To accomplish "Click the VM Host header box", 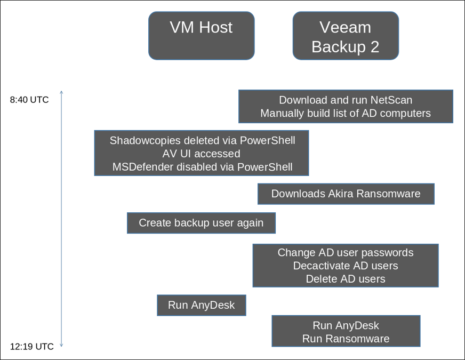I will (x=201, y=35).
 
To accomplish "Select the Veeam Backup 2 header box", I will (x=346, y=36).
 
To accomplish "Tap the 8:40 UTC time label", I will (x=29, y=100).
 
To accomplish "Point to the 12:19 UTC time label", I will (x=32, y=347).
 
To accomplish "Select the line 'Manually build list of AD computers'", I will (x=346, y=113).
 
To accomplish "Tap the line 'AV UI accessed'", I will (x=201, y=154).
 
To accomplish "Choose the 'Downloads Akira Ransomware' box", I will (x=346, y=194).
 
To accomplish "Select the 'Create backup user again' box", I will (x=201, y=222).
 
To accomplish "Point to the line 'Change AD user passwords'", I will (x=346, y=252).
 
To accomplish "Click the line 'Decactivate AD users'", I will (x=346, y=266).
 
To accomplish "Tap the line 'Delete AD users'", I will (x=346, y=278).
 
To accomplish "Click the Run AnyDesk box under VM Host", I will (x=201, y=305).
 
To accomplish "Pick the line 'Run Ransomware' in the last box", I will (x=346, y=339).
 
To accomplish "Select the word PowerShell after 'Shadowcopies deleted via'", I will (x=267, y=140).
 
